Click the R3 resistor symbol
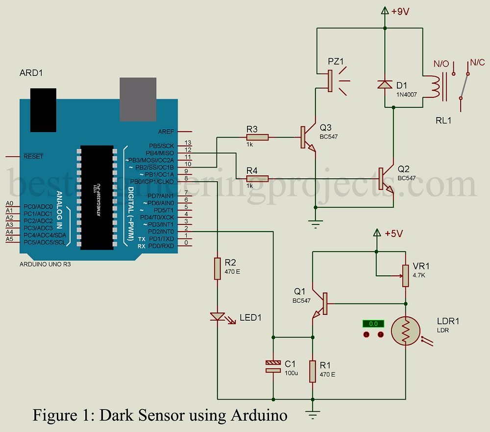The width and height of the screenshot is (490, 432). point(257,138)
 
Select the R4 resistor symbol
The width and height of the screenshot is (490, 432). point(257,178)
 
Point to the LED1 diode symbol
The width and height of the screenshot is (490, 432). point(218,317)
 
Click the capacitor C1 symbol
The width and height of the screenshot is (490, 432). point(272,366)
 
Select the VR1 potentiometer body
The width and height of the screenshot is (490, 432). point(406,276)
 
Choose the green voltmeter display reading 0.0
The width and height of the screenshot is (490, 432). point(373,324)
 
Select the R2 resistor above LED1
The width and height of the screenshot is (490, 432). point(218,269)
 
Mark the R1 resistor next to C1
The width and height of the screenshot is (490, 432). point(312,371)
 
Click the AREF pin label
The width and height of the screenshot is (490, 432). point(165,132)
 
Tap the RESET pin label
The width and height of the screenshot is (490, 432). point(33,157)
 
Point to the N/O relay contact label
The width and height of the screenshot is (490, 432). point(441,63)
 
